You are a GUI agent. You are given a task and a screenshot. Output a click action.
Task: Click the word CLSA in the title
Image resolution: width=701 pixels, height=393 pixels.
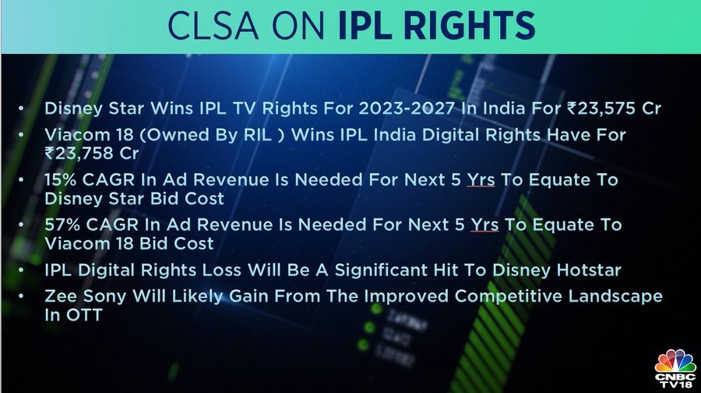(x=213, y=26)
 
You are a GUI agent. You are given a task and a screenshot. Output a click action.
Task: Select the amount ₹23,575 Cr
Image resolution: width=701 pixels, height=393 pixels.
(x=614, y=108)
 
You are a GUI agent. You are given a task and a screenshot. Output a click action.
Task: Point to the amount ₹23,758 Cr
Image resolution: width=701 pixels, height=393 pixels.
(x=92, y=154)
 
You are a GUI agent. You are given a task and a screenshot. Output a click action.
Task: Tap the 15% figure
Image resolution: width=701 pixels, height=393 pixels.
(x=60, y=180)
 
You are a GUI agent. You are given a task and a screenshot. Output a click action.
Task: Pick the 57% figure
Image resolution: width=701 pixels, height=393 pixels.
(x=62, y=225)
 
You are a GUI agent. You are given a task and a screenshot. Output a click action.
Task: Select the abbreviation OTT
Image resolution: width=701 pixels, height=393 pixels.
(x=84, y=315)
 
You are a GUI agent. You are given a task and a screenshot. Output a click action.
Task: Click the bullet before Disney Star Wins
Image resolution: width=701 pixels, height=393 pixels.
(x=20, y=108)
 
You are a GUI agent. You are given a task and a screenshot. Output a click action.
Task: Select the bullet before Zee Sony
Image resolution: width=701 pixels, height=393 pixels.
(x=20, y=296)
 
